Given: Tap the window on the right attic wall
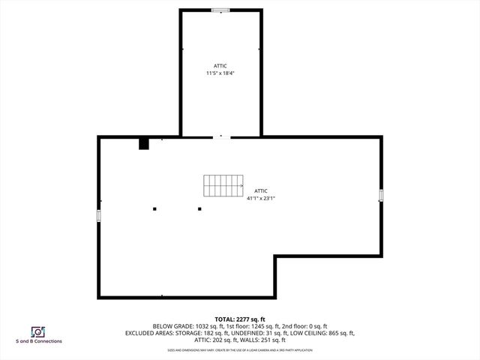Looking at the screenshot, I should pyautogui.click(x=381, y=196).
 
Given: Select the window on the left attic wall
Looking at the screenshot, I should pyautogui.click(x=98, y=215).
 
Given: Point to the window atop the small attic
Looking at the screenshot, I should pyautogui.click(x=220, y=10).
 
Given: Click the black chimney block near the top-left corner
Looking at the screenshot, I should pyautogui.click(x=144, y=142).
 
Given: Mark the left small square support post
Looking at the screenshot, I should pyautogui.click(x=154, y=208).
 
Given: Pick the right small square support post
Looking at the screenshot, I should pyautogui.click(x=199, y=208).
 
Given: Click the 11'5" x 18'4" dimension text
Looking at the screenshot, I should pyautogui.click(x=220, y=73).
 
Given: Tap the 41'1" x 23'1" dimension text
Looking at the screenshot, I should pyautogui.click(x=261, y=198).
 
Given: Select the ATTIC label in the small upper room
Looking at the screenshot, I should pyautogui.click(x=220, y=65).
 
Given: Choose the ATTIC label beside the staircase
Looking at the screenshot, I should pyautogui.click(x=261, y=190).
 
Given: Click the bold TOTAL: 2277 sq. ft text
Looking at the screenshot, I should pyautogui.click(x=239, y=319).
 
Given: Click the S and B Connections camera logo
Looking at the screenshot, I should pyautogui.click(x=37, y=331).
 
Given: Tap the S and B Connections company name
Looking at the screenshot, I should pyautogui.click(x=39, y=341).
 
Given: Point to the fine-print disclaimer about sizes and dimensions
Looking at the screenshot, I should pyautogui.click(x=239, y=349).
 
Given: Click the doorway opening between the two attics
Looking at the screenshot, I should pyautogui.click(x=220, y=136).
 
